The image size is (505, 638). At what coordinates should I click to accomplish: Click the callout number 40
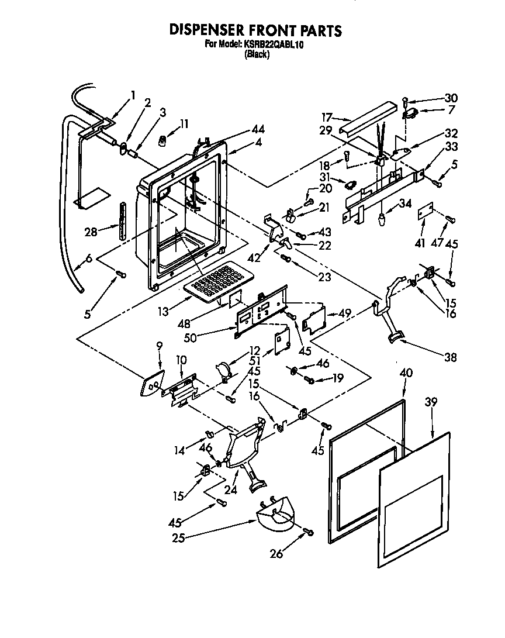(x=406, y=372)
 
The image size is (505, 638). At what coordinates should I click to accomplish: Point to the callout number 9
(x=158, y=346)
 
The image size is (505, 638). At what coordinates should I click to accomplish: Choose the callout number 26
(x=276, y=554)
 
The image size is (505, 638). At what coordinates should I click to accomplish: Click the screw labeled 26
(x=308, y=532)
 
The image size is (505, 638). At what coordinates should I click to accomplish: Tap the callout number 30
(x=451, y=98)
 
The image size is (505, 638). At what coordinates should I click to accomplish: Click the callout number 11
(x=185, y=123)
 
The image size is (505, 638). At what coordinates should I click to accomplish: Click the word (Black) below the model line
(x=257, y=54)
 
